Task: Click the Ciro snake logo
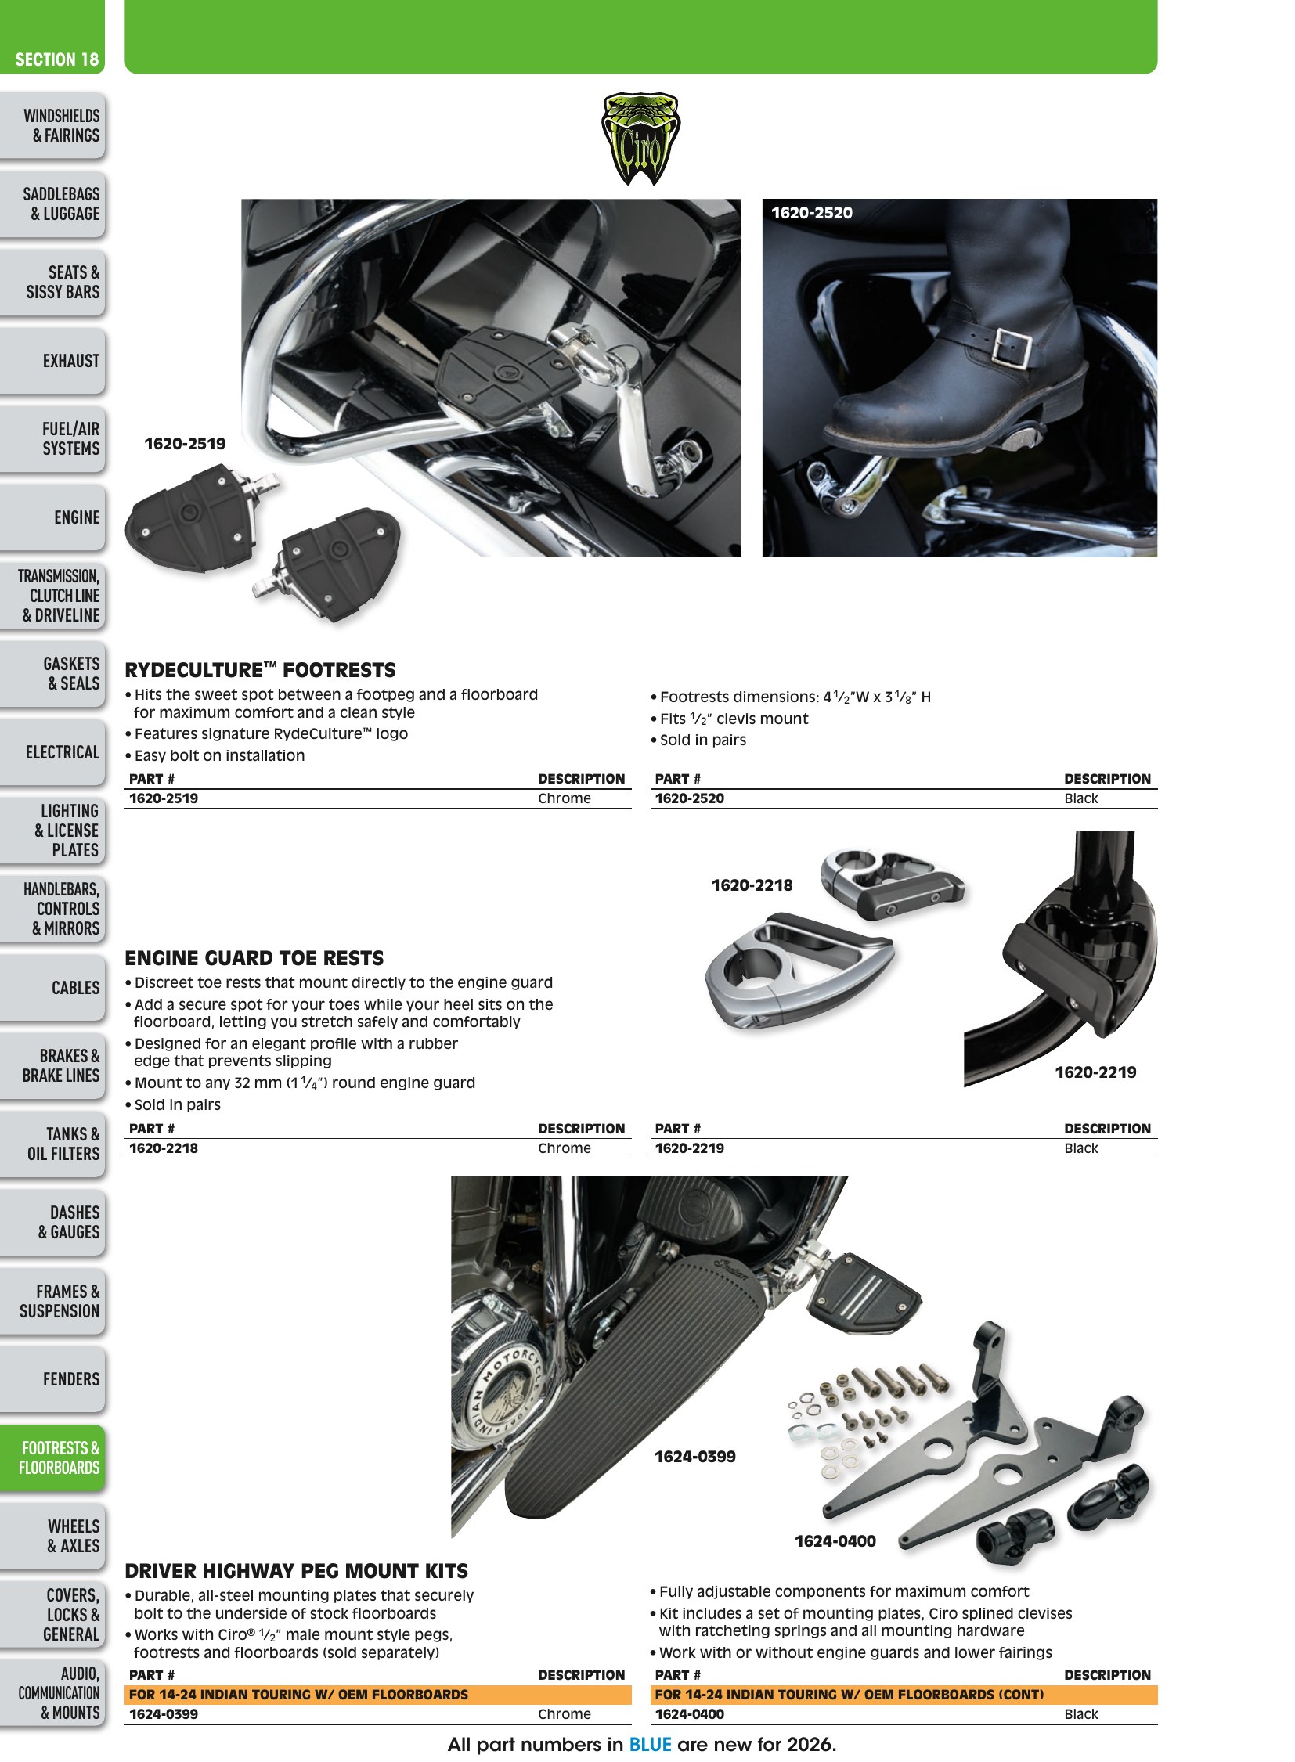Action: coord(640,139)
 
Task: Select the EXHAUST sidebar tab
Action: coord(52,361)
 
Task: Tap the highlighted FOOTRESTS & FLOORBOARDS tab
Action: coord(52,1458)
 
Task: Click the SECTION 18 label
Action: coord(56,59)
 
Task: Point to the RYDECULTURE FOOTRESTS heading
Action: coord(260,670)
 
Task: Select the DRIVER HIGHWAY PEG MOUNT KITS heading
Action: coord(296,1571)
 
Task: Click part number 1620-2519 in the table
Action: coord(164,798)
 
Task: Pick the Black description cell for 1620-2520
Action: coord(1081,798)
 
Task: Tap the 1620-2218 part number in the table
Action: coord(164,1148)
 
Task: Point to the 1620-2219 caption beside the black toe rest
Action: coord(1095,1072)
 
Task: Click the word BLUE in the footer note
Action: coord(651,1744)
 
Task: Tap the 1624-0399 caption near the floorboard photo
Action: coord(695,1456)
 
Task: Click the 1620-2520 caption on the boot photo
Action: coord(811,212)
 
